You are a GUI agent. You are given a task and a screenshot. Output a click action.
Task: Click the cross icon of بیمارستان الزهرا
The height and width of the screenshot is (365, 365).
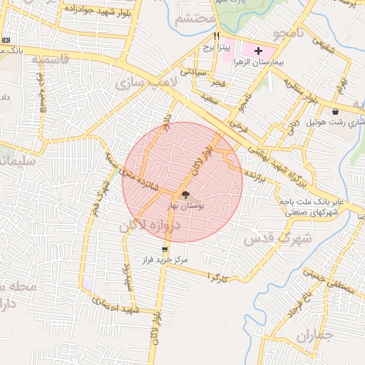click(x=257, y=51)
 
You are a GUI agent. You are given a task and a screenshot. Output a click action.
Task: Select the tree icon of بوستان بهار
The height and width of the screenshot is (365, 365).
click(x=185, y=194)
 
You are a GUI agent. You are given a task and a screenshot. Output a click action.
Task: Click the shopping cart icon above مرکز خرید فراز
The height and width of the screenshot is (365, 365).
click(x=165, y=250)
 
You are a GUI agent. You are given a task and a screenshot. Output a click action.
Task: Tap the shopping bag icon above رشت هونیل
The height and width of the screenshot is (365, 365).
click(x=335, y=111)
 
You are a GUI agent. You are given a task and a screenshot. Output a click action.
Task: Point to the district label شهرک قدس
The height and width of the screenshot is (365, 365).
click(x=269, y=238)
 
